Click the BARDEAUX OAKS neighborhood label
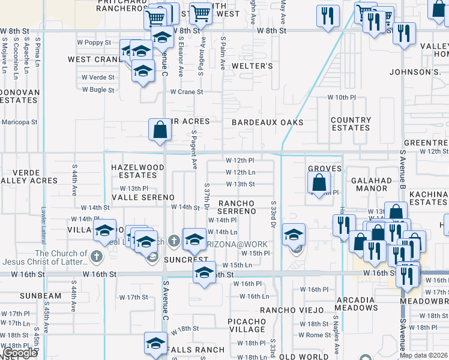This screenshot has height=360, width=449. click(x=267, y=122)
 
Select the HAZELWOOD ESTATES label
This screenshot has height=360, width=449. click(x=137, y=172)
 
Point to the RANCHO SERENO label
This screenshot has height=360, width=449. click(x=237, y=207)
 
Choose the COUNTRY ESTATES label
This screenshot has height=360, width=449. click(x=351, y=124)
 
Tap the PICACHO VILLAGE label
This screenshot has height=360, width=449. click(x=247, y=325)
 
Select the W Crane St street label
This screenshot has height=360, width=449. click(x=187, y=92)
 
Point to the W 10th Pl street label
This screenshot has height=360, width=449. click(x=342, y=97)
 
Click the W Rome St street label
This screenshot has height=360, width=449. click(x=315, y=335)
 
